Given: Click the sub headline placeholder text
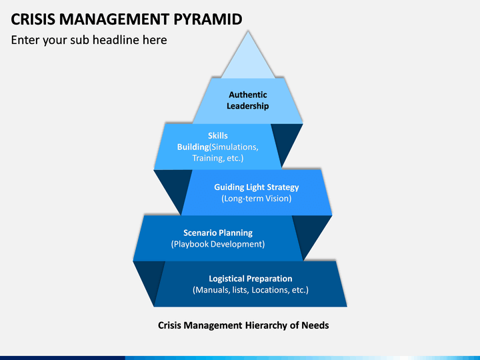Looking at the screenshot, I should [x=89, y=40].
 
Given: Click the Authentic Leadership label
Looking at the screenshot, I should [x=247, y=100].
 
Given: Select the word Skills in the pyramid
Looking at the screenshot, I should [x=218, y=135].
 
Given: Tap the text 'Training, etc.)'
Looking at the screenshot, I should [x=218, y=158].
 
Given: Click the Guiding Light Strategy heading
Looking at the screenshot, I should [x=257, y=187].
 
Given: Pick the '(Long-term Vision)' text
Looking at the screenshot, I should [x=257, y=199].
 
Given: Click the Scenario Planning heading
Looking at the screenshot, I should [x=218, y=233].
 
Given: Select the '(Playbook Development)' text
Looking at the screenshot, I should [x=218, y=244].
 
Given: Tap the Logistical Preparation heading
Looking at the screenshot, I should [x=251, y=279].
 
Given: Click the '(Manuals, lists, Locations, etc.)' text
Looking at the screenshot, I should [x=251, y=290].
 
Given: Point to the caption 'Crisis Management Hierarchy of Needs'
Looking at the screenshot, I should [x=243, y=325].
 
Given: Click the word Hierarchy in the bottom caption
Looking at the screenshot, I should [x=269, y=325].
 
